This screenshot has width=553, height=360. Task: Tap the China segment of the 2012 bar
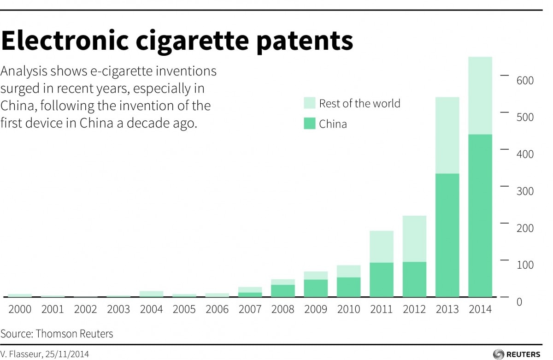pyautogui.click(x=414, y=279)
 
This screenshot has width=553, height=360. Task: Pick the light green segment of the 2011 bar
pyautogui.click(x=381, y=247)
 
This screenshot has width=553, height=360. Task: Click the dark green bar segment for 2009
pyautogui.click(x=315, y=288)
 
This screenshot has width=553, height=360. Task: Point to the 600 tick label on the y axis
pyautogui.click(x=524, y=81)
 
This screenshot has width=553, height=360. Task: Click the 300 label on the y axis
pyautogui.click(x=524, y=191)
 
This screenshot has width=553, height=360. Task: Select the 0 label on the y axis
pyautogui.click(x=519, y=302)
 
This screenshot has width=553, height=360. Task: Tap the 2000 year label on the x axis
pyautogui.click(x=20, y=309)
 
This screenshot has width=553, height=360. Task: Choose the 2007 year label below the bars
pyautogui.click(x=250, y=309)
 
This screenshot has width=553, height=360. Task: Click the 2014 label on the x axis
pyautogui.click(x=480, y=309)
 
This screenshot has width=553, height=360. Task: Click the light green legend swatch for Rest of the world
pyautogui.click(x=310, y=103)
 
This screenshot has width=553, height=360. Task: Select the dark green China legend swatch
pyautogui.click(x=310, y=124)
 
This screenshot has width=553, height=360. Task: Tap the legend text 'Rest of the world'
pyautogui.click(x=359, y=103)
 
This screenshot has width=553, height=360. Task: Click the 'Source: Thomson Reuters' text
pyautogui.click(x=57, y=333)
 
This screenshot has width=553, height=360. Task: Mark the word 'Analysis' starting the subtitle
pyautogui.click(x=21, y=71)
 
